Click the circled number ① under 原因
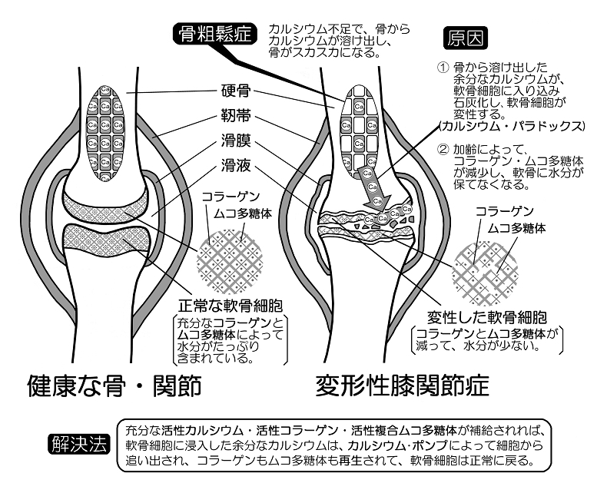(x=442, y=68)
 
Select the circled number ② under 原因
(x=442, y=149)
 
